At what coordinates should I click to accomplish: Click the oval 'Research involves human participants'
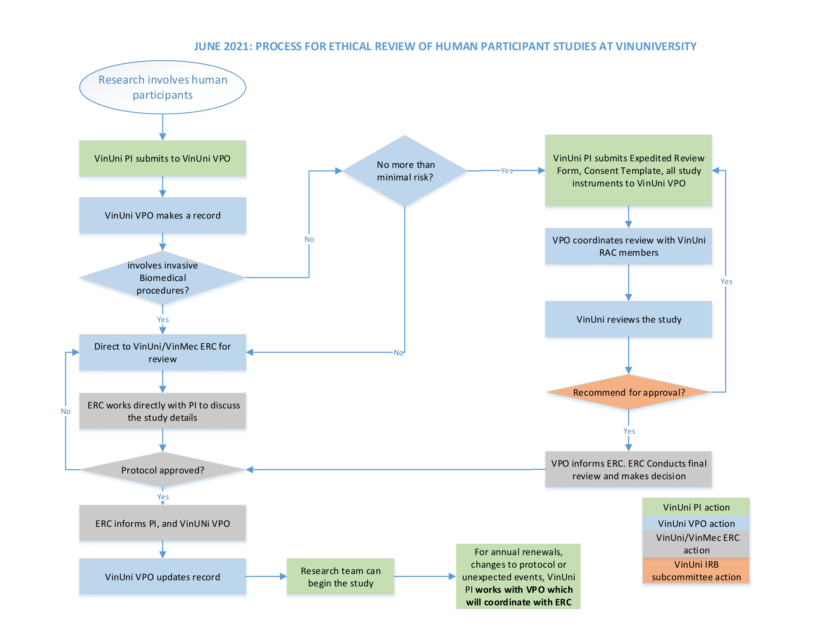coord(163,87)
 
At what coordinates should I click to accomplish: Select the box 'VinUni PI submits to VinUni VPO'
coord(163,159)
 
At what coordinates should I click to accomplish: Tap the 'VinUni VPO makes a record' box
coord(163,215)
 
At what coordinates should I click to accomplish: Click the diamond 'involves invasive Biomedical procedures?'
coord(163,278)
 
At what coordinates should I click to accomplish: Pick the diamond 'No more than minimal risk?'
coord(405,171)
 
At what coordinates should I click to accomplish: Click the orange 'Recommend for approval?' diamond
coord(628,392)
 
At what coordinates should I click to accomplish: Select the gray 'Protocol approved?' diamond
coord(163,470)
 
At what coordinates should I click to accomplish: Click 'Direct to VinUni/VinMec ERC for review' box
coord(163,353)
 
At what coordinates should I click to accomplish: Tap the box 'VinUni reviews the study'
coord(628,319)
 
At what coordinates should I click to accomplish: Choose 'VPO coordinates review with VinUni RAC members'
coord(628,246)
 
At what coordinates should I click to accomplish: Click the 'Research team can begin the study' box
coord(341,577)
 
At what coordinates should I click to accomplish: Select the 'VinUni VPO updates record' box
coord(163,577)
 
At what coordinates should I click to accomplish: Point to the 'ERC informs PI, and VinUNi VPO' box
coord(163,523)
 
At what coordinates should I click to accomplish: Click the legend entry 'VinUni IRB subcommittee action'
coord(696,571)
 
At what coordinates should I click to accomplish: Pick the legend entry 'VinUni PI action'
coord(696,507)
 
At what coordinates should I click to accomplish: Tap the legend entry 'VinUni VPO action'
coord(696,523)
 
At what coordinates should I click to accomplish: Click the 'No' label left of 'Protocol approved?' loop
coord(66,411)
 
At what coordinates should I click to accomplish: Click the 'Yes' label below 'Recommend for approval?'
coord(629,431)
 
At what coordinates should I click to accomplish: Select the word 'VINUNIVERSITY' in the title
coord(656,46)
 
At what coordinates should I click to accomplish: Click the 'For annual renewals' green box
coord(518,577)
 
